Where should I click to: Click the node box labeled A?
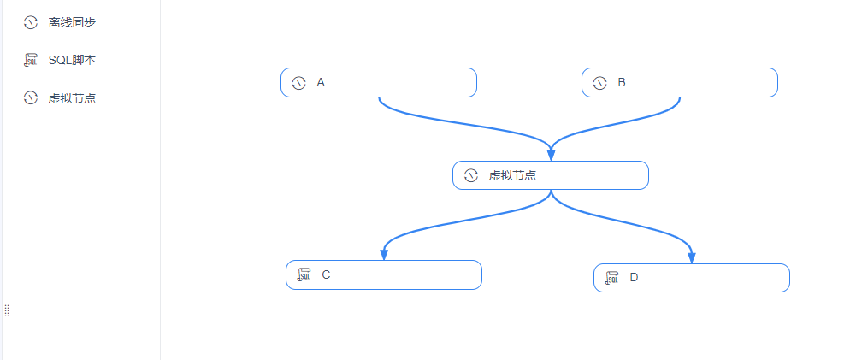click(x=378, y=82)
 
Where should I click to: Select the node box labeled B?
click(x=680, y=82)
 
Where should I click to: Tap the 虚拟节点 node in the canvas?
click(x=551, y=175)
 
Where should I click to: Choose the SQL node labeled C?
click(x=384, y=274)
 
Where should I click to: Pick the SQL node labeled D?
click(x=692, y=278)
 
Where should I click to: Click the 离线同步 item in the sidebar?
click(x=72, y=22)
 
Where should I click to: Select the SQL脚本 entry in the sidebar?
click(x=72, y=61)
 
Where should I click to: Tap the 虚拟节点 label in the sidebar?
click(x=72, y=98)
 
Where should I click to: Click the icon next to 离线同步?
click(x=30, y=22)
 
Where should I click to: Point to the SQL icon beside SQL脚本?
click(x=30, y=61)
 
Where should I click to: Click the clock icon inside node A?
click(x=298, y=83)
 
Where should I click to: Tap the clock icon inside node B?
click(x=599, y=83)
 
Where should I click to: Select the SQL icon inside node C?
click(x=304, y=274)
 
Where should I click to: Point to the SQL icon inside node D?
click(x=611, y=278)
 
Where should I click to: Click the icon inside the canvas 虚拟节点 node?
click(x=470, y=175)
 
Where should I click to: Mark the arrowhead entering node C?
click(x=384, y=255)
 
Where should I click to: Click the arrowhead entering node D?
click(x=692, y=257)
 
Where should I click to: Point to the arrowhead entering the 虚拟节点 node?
click(x=551, y=156)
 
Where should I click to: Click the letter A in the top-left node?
click(x=321, y=82)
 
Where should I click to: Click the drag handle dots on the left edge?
click(x=7, y=310)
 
